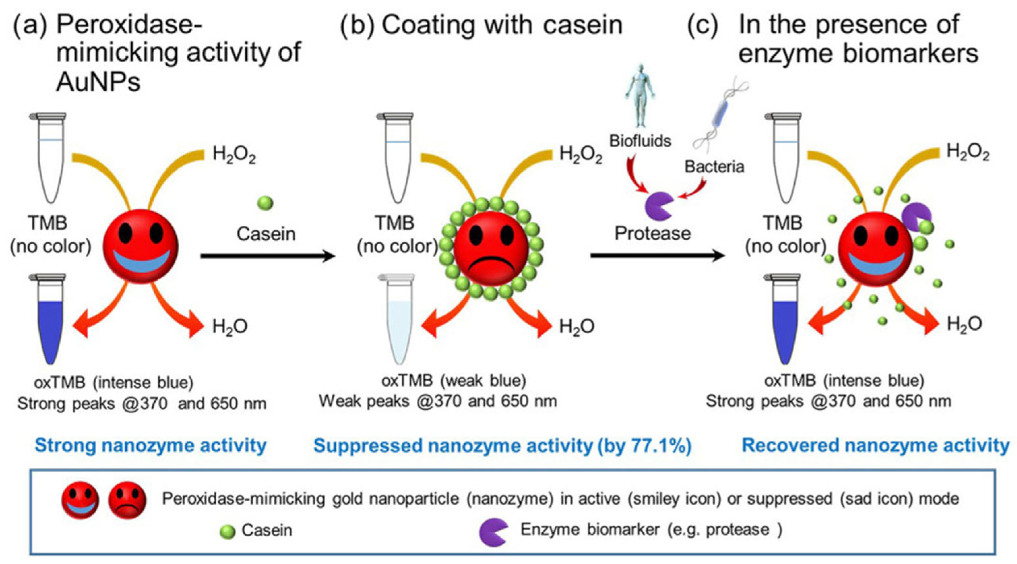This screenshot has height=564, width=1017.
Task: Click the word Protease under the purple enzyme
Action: pos(652,233)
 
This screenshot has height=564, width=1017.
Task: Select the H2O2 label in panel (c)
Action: pos(968,153)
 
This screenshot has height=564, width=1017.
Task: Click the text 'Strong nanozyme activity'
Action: pos(151,445)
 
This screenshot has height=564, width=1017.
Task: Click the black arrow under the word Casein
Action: pos(268,256)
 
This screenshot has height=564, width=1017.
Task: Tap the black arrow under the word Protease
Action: pos(657,256)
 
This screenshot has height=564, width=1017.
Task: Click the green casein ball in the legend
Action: pos(228,532)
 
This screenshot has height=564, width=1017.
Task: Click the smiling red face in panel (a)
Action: pos(140,247)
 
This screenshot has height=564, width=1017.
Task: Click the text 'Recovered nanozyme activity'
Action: pos(875,445)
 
